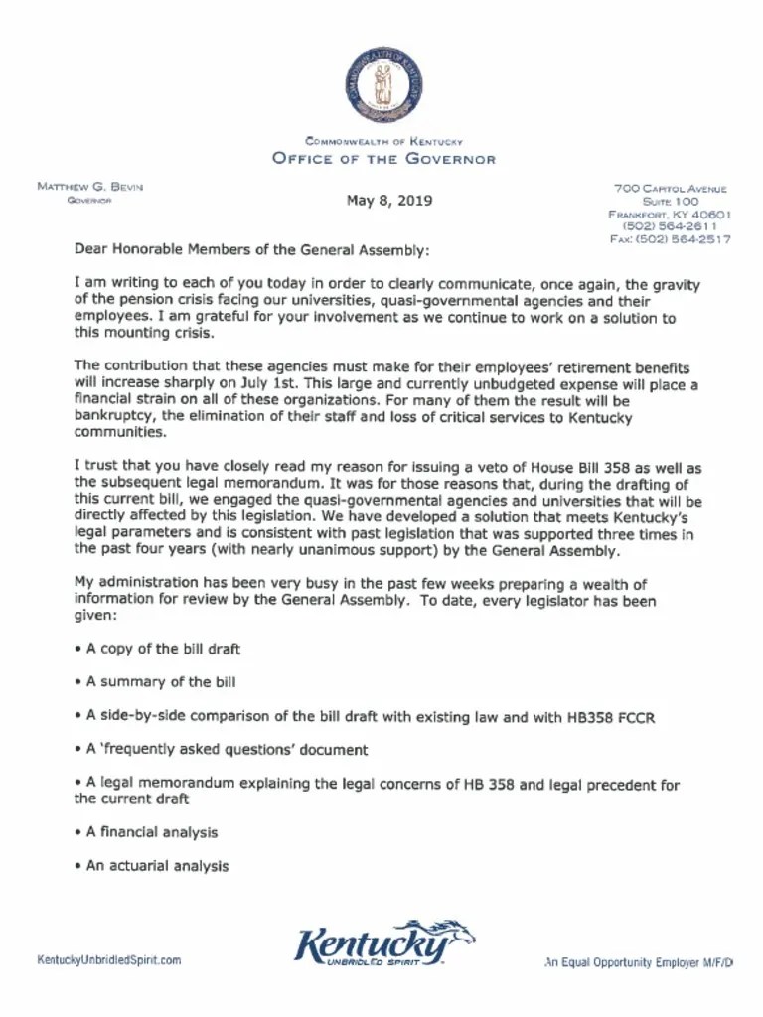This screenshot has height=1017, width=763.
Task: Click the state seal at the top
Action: coord(383,85)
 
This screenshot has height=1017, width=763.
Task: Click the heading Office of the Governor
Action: coord(383,159)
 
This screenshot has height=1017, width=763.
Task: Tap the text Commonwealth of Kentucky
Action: coord(383,142)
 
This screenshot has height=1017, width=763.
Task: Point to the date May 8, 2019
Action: coord(389,200)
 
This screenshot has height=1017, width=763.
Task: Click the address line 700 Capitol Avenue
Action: coord(670,188)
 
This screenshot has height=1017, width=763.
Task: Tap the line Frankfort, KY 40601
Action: coord(670,214)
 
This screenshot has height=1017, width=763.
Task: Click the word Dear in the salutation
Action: coord(91,249)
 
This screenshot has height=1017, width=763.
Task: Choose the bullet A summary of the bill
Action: coord(160,682)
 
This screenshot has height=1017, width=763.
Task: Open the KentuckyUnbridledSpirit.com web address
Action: coord(109,960)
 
